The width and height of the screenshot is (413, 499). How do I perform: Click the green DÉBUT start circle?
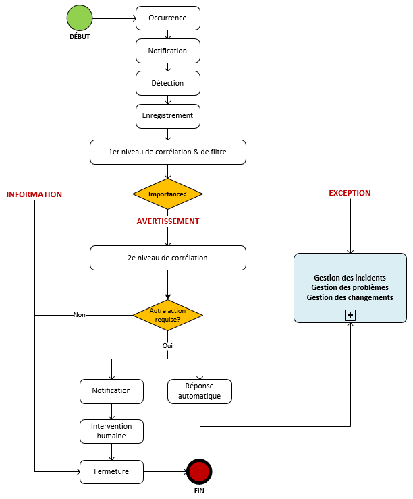(x=80, y=18)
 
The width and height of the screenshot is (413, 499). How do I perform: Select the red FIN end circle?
(x=199, y=471)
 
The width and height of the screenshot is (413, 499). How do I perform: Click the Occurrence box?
(x=168, y=18)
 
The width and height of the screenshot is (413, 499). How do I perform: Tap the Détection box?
(x=168, y=83)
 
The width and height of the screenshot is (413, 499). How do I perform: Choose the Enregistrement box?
(x=168, y=115)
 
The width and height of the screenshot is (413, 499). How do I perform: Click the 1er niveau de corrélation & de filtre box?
(x=168, y=152)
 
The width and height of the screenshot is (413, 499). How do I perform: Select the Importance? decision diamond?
(x=168, y=194)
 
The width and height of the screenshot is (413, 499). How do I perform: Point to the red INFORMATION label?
(x=34, y=194)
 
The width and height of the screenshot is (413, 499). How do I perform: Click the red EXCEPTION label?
(x=350, y=193)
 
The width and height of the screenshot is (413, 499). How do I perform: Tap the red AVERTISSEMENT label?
(x=168, y=221)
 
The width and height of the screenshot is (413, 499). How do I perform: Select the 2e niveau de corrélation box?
(x=168, y=258)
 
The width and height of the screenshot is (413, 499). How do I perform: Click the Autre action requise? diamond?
(x=168, y=315)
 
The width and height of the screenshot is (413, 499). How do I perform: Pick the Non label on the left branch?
(x=79, y=315)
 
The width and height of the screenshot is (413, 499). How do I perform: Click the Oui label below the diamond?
(x=168, y=345)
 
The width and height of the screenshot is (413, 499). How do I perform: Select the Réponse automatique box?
(x=199, y=391)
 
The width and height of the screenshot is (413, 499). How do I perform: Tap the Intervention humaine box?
(x=112, y=432)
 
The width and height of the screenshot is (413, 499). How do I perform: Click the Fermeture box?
(x=112, y=471)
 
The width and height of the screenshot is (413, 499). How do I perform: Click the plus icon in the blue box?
(x=350, y=315)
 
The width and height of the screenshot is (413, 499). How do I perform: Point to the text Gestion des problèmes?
(x=350, y=287)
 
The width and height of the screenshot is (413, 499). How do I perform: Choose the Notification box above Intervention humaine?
(x=112, y=390)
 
